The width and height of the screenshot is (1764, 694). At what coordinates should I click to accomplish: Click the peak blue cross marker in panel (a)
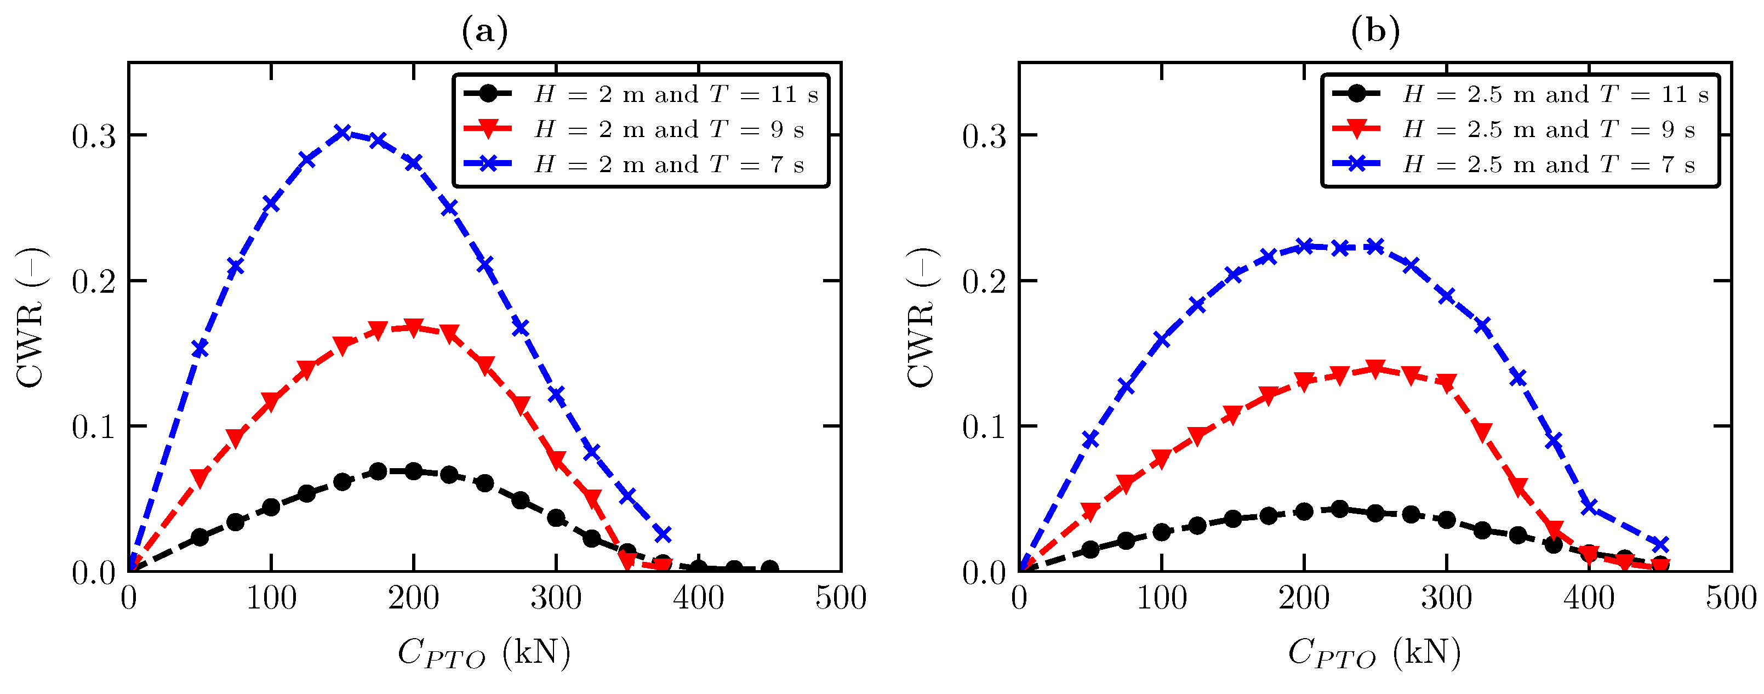(x=342, y=132)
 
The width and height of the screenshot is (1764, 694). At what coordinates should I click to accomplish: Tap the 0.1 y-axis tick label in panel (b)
(x=984, y=428)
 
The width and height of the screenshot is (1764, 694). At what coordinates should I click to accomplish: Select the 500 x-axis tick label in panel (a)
(x=840, y=598)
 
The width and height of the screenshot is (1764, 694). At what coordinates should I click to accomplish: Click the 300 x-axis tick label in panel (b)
(x=1446, y=598)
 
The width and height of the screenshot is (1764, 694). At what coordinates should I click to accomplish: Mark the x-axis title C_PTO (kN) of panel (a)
(x=484, y=653)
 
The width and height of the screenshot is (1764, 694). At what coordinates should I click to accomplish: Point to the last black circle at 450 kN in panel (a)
(x=769, y=568)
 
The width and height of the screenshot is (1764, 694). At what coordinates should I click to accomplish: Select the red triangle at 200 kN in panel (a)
(x=414, y=327)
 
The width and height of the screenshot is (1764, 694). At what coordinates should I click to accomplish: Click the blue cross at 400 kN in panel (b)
(x=1589, y=507)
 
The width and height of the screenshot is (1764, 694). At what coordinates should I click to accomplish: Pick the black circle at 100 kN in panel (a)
(x=271, y=508)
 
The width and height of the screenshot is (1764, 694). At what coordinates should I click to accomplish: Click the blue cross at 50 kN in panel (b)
(x=1090, y=439)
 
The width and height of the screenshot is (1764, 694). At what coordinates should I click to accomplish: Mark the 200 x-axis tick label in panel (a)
(x=414, y=598)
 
